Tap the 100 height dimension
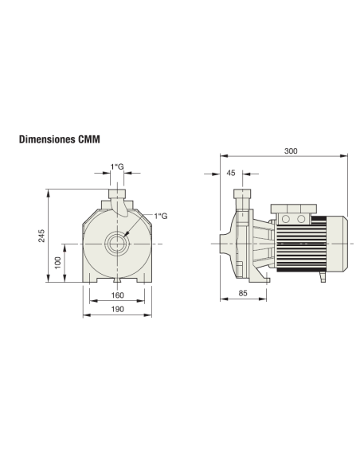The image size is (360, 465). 57,262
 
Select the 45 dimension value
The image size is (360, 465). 231,173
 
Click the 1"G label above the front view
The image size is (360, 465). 116,166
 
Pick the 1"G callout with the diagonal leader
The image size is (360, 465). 161,216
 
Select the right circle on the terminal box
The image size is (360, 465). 302,218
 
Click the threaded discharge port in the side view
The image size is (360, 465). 241,196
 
